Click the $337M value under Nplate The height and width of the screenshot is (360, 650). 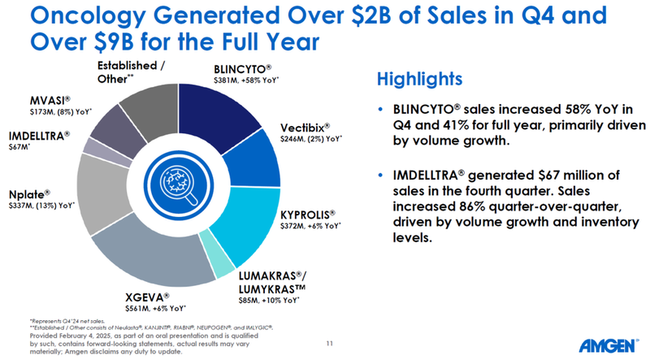pyautogui.click(x=19, y=205)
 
